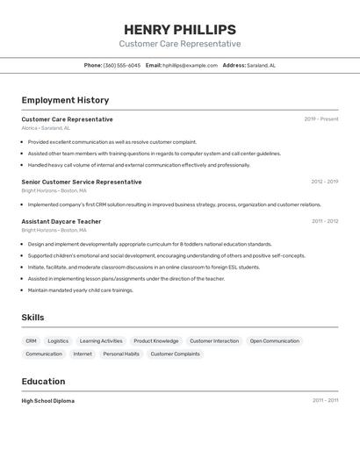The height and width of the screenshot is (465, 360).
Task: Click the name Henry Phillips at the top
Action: pyautogui.click(x=180, y=29)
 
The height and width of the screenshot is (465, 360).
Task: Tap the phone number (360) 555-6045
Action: pyautogui.click(x=122, y=65)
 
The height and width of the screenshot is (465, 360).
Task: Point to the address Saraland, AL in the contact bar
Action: pyautogui.click(x=261, y=65)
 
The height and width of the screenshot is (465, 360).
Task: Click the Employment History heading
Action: pyautogui.click(x=65, y=100)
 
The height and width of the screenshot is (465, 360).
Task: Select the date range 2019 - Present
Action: pyautogui.click(x=320, y=119)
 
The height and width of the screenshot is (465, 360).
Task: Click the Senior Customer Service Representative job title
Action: pyautogui.click(x=81, y=182)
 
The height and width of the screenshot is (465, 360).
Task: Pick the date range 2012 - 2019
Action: pyautogui.click(x=324, y=182)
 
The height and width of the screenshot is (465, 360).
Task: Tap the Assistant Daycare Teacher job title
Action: pyautogui.click(x=61, y=221)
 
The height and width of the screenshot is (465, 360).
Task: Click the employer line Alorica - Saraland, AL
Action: pyautogui.click(x=46, y=128)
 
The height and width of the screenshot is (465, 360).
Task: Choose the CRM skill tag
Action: pyautogui.click(x=31, y=340)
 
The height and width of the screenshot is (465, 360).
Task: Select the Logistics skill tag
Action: pyautogui.click(x=58, y=340)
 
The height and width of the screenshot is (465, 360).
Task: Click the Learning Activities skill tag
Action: pyautogui.click(x=101, y=340)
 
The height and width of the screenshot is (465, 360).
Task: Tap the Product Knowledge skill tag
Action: pyautogui.click(x=155, y=340)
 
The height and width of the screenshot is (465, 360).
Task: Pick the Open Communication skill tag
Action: pyautogui.click(x=274, y=340)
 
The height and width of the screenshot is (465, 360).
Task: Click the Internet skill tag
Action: pyautogui.click(x=83, y=354)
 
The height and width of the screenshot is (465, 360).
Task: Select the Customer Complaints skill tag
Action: pyautogui.click(x=175, y=354)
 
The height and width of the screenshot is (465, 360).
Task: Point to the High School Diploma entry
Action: pyautogui.click(x=47, y=401)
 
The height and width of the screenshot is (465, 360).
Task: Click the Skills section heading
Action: pyautogui.click(x=32, y=318)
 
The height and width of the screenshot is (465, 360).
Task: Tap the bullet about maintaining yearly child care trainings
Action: pyautogui.click(x=80, y=290)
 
